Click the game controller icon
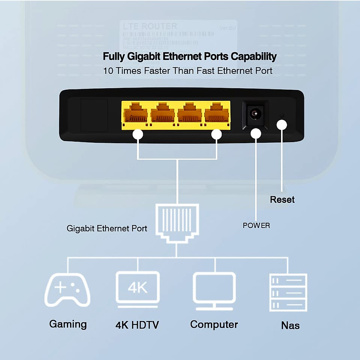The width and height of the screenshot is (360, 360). tap(67, 290)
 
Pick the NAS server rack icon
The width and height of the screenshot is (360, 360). tap(288, 292)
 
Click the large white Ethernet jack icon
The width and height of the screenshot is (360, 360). tap(177, 222)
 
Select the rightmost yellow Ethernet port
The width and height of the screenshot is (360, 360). tap(217, 114)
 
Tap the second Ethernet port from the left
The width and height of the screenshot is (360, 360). tap(162, 114)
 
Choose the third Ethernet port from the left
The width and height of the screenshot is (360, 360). tap(190, 114)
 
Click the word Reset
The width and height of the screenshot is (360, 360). tap(282, 199)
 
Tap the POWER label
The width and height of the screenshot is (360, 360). tap(256, 225)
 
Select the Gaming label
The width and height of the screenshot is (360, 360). tap(68, 324)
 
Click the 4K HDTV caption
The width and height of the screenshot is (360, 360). tap(137, 325)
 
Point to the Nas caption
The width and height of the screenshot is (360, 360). tap(290, 325)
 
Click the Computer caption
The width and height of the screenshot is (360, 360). tap(214, 324)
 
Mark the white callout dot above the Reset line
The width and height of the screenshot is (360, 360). tap(282, 125)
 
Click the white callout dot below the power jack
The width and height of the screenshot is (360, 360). tap(256, 134)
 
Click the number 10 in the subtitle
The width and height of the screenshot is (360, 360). tap(108, 71)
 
